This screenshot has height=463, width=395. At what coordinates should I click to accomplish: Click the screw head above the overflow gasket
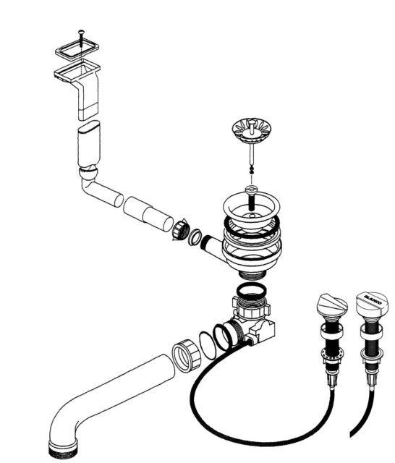tap(81, 31)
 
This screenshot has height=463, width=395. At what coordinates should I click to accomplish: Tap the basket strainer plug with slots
tap(252, 130)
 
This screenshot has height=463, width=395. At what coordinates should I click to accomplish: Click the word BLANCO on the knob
tap(373, 300)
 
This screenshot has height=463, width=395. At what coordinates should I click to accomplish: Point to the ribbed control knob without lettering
tap(332, 304)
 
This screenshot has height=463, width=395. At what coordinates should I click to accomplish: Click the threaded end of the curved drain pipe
tap(63, 449)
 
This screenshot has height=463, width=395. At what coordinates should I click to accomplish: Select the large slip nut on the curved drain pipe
tap(186, 355)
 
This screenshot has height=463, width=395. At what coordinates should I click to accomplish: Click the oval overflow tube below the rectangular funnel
tap(88, 144)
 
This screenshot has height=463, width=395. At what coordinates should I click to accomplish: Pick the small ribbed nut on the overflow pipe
tap(180, 229)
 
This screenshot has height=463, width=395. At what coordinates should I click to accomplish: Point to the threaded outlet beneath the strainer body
tap(252, 274)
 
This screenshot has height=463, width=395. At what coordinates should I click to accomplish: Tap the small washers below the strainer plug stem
tap(252, 170)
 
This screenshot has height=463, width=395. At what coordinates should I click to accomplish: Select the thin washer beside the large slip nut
tap(208, 345)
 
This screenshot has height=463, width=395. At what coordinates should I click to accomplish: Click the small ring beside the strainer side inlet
tap(195, 237)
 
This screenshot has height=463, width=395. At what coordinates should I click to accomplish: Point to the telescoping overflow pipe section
tap(148, 214)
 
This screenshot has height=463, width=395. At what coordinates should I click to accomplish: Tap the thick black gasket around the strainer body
tap(252, 227)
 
